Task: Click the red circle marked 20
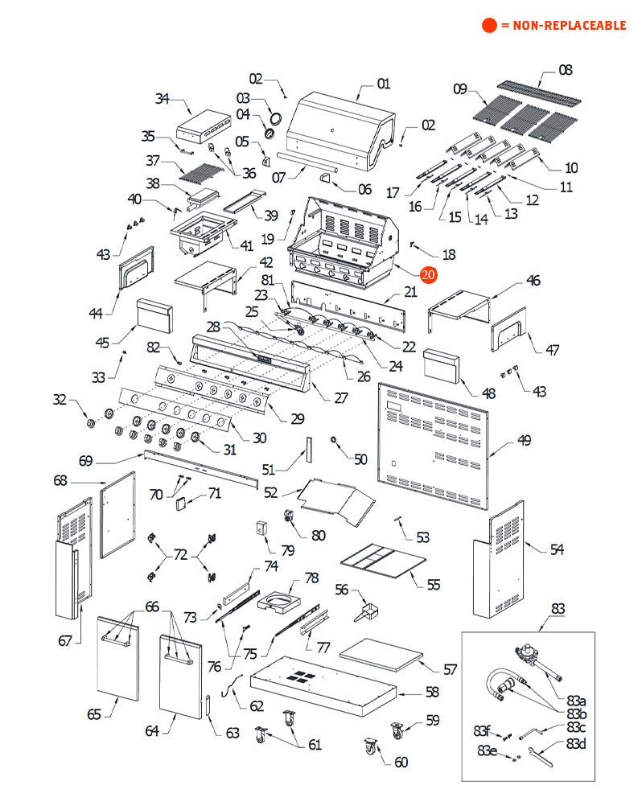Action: click(x=428, y=274)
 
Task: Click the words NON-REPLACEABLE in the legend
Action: click(x=562, y=26)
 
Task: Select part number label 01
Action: click(x=383, y=84)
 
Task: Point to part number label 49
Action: click(x=524, y=440)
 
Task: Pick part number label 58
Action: click(x=433, y=692)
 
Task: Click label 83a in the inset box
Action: click(x=577, y=701)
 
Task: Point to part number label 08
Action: click(x=566, y=70)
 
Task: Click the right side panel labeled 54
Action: click(x=499, y=563)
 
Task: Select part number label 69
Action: click(x=86, y=461)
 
